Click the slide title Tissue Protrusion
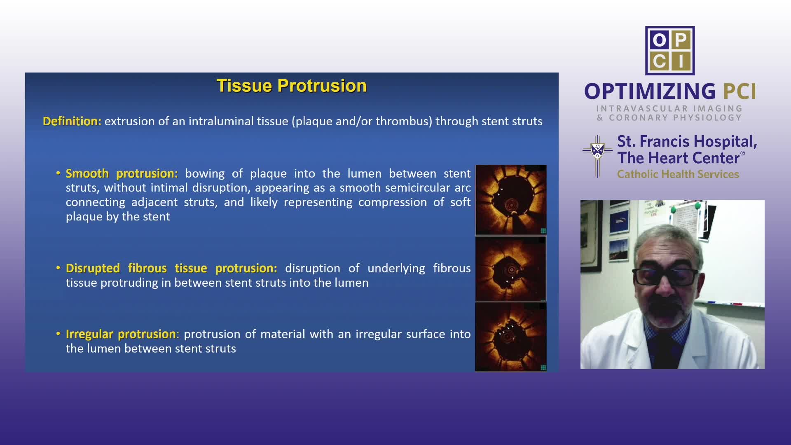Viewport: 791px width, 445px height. [291, 86]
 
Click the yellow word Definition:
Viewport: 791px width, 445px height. [72, 121]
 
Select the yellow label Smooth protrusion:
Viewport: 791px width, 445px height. [122, 173]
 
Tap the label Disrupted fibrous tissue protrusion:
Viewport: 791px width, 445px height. [171, 268]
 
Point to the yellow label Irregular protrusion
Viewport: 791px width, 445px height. [121, 334]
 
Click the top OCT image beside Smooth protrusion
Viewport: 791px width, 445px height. [511, 200]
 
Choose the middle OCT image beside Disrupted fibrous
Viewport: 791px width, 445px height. [511, 269]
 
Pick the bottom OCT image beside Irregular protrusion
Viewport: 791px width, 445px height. [511, 337]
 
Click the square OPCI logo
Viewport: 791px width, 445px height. [670, 51]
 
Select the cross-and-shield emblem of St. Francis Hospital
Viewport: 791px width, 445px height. [597, 157]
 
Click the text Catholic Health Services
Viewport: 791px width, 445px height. [678, 174]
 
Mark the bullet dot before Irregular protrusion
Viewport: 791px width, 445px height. [59, 333]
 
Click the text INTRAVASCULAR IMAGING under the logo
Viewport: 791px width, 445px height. [669, 108]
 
